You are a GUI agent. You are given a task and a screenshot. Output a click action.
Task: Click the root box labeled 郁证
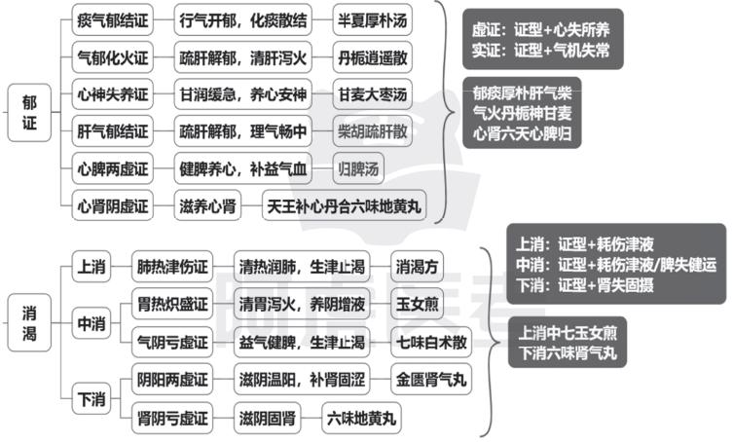29,113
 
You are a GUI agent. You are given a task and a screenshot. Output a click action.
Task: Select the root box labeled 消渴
29,322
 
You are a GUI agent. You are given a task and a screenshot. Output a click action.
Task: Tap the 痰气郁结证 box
113,20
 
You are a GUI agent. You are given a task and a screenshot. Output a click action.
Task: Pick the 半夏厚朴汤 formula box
373,20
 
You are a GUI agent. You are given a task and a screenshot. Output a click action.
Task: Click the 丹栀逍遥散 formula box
373,57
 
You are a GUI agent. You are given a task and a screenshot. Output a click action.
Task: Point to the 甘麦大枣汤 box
373,94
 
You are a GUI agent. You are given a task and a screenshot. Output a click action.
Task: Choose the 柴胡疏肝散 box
373,131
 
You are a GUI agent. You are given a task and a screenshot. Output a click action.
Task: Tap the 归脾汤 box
358,168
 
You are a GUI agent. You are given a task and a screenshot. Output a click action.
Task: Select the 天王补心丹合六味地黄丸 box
345,205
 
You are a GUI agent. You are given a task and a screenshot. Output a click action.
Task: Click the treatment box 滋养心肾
207,205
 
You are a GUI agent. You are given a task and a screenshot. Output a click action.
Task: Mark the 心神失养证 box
113,94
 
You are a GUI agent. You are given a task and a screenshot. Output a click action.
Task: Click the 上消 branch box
92,267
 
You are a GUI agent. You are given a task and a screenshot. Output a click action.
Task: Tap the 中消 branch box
92,323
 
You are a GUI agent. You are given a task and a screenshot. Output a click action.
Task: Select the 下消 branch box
92,399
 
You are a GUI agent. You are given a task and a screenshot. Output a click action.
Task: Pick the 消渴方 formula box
417,267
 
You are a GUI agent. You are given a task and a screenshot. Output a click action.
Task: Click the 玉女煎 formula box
417,304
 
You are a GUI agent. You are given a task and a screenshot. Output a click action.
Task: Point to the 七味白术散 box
431,342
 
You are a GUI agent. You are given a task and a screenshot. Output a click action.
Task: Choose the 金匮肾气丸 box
431,380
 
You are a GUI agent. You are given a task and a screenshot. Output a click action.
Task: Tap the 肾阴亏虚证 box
172,418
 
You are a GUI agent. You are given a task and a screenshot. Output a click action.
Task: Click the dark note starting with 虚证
543,39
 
